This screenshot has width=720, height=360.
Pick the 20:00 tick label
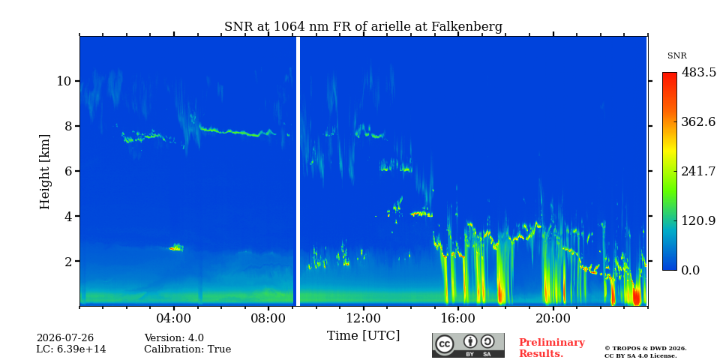pyautogui.click(x=553, y=318)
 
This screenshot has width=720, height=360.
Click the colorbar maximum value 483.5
pyautogui.click(x=698, y=73)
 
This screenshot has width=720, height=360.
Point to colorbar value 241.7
pyautogui.click(x=698, y=171)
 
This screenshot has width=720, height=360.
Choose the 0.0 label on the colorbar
pyautogui.click(x=690, y=270)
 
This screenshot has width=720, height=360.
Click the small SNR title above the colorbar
pyautogui.click(x=676, y=56)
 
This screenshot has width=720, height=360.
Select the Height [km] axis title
pyautogui.click(x=44, y=172)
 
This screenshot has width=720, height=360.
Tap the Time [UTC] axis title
pyautogui.click(x=363, y=336)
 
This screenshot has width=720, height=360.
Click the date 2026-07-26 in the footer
pyautogui.click(x=65, y=338)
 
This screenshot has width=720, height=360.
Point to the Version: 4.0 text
pyautogui.click(x=174, y=338)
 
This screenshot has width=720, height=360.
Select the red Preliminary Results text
pyautogui.click(x=552, y=348)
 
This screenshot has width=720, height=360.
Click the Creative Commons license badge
pyautogui.click(x=468, y=345)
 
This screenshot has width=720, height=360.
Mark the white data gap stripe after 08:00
pyautogui.click(x=298, y=171)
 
